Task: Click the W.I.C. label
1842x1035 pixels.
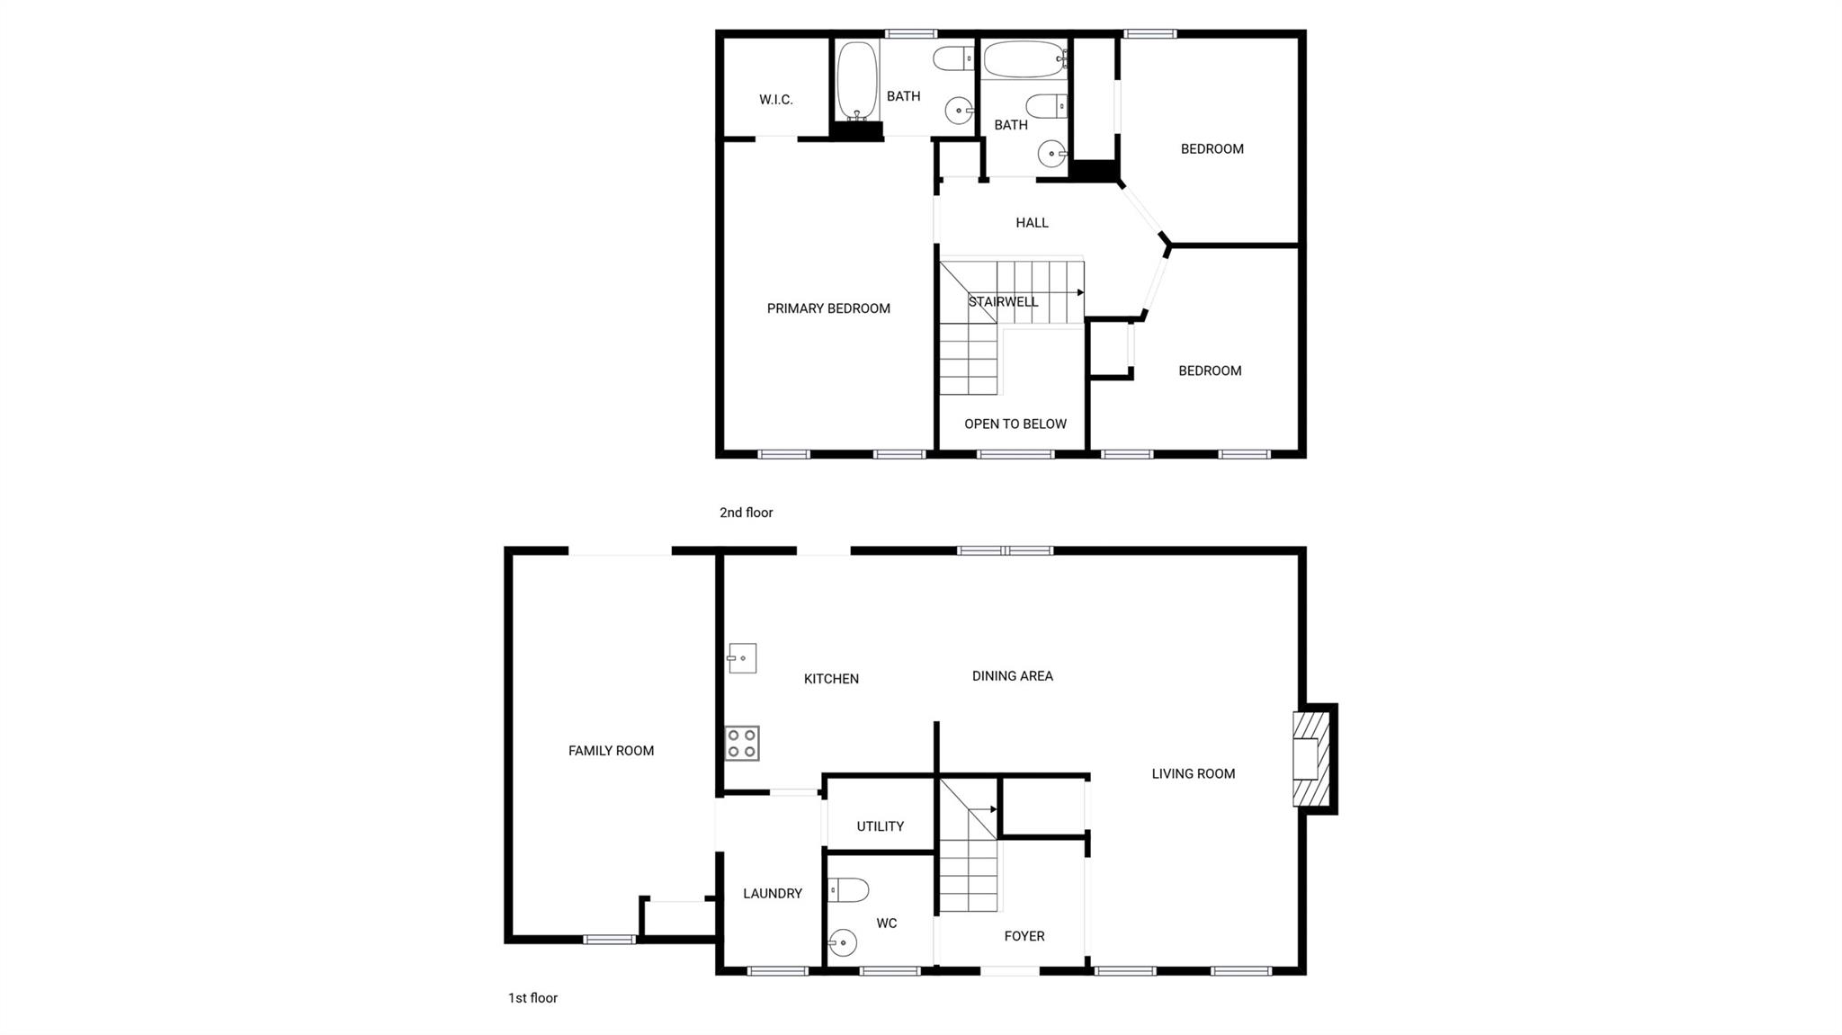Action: [775, 100]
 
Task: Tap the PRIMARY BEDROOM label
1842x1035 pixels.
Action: [828, 308]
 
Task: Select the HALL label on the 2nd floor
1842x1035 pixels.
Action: [1032, 222]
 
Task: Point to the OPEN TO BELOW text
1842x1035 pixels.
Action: [1015, 424]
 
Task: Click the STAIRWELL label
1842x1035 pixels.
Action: [1003, 301]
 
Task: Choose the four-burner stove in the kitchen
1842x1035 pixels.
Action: [742, 744]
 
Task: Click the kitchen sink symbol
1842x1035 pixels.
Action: [741, 658]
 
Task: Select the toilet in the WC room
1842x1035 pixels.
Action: [848, 890]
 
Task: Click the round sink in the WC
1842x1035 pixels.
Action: [843, 943]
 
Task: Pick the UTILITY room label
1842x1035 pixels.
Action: [880, 826]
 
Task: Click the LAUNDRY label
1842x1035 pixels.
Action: [773, 894]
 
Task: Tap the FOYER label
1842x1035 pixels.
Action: [1024, 936]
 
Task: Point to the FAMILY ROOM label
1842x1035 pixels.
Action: [611, 751]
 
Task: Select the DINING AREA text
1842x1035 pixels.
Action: [1013, 675]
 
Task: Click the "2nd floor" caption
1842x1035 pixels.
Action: [747, 513]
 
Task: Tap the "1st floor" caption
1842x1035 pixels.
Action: [532, 998]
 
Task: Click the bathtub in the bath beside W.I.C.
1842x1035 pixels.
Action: [857, 81]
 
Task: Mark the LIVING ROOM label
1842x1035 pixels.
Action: [1194, 773]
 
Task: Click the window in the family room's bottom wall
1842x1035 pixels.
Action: [609, 940]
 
